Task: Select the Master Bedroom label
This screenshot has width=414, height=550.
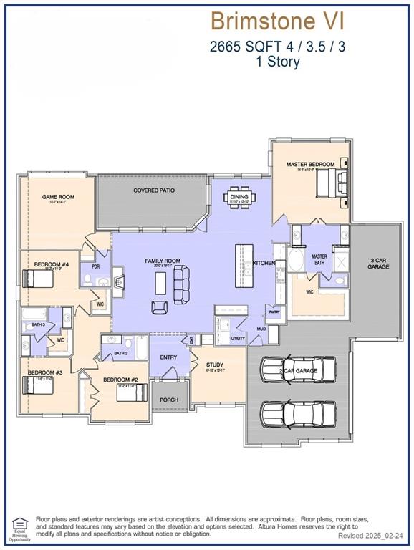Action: (x=310, y=165)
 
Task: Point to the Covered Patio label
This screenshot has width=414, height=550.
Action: (x=154, y=190)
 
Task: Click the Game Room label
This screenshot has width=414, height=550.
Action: (x=58, y=197)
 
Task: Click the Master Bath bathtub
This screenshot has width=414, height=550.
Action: (x=295, y=263)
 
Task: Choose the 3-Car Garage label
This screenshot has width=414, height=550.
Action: (x=378, y=263)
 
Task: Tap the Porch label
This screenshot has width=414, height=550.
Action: (x=169, y=400)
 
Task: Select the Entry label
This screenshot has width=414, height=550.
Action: (x=168, y=357)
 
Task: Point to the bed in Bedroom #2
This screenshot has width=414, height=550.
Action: (x=133, y=393)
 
